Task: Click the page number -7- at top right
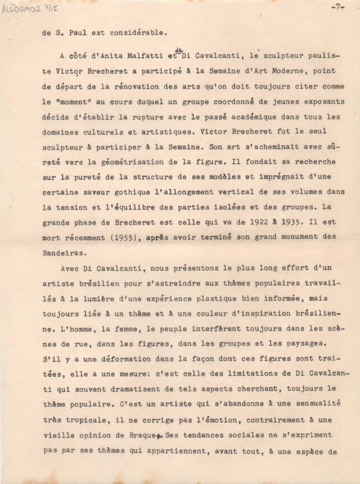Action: (x=338, y=8)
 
